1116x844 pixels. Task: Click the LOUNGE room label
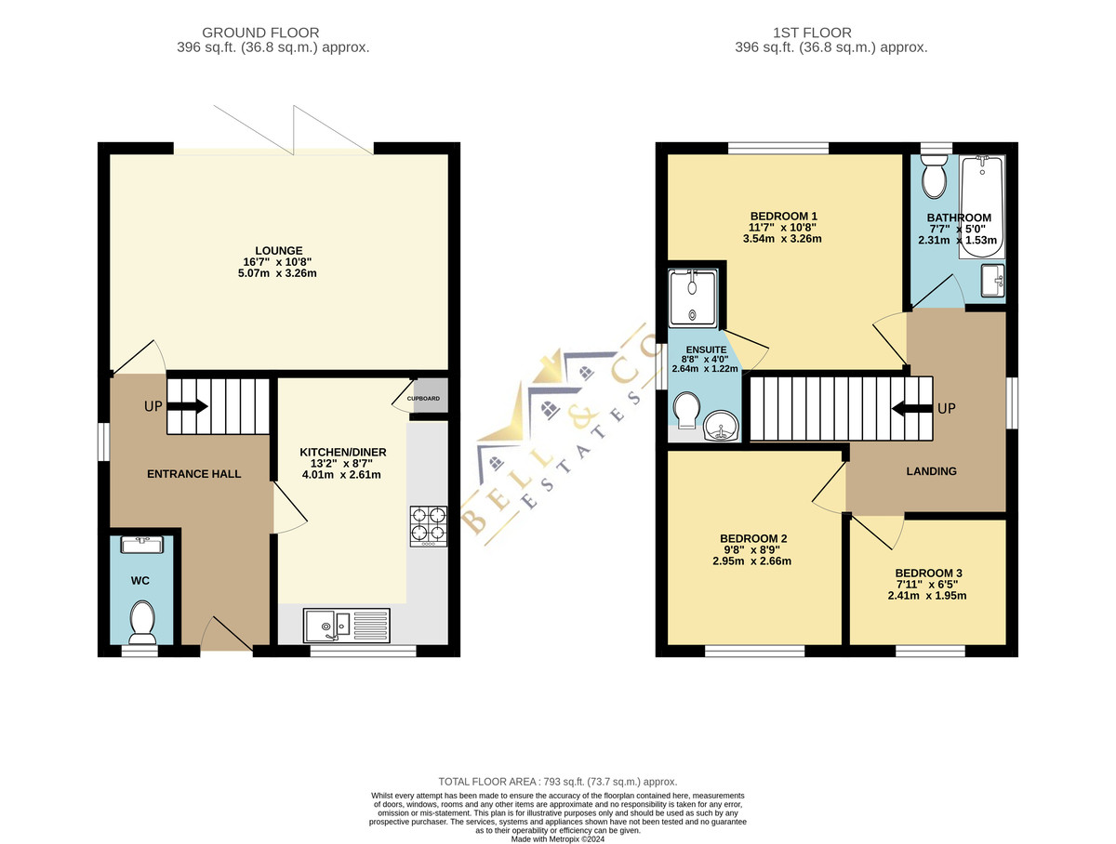point(279,250)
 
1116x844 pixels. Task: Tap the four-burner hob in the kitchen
point(429,526)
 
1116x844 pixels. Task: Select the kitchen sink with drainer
point(347,626)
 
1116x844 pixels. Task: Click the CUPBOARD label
point(423,399)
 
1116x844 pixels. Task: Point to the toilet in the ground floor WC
point(142,622)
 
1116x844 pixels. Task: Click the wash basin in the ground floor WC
point(142,544)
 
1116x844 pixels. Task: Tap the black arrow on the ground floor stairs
point(187,406)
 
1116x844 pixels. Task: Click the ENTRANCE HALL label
point(193,473)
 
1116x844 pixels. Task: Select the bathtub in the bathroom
point(982,207)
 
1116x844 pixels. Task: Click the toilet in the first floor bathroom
point(935,176)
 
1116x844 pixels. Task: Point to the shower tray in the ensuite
point(693,298)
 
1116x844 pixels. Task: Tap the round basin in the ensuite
point(721,426)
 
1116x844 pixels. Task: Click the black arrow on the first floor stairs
point(912,408)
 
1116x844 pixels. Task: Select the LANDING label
point(931,471)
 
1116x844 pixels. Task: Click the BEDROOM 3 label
point(928,573)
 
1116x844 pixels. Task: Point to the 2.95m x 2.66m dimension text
point(752,561)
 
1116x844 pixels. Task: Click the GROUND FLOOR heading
point(260,33)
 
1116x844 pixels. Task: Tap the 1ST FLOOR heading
point(812,33)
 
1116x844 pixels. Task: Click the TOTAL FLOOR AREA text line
point(558,782)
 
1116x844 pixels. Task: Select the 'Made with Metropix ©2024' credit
point(558,839)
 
